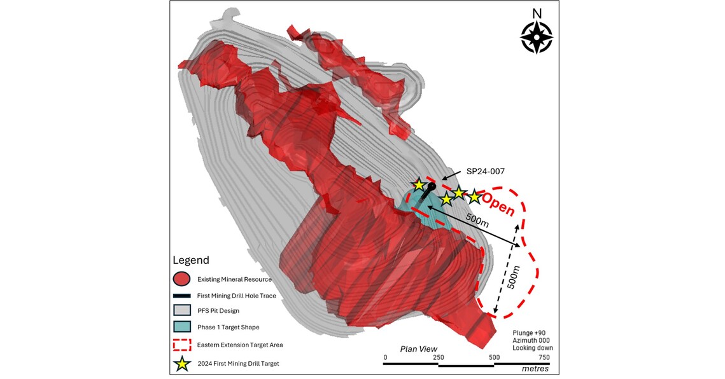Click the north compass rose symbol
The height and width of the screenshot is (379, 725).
click(x=536, y=37)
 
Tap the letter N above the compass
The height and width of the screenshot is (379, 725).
click(x=537, y=13)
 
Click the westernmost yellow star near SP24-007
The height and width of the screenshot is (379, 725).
click(x=418, y=185)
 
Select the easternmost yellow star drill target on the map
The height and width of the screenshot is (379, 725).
click(x=474, y=196)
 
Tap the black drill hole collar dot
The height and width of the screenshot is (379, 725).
click(x=432, y=186)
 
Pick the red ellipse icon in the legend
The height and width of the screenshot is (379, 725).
click(x=181, y=279)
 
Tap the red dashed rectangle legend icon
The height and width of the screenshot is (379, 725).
click(x=181, y=345)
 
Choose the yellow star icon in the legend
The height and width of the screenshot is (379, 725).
click(x=182, y=364)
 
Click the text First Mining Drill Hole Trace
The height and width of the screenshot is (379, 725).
click(x=237, y=295)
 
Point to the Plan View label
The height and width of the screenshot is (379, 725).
click(x=418, y=348)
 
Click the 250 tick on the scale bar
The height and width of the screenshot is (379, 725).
click(x=439, y=357)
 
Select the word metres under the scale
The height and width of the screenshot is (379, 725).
click(x=535, y=369)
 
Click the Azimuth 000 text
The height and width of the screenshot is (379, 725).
click(x=533, y=340)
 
